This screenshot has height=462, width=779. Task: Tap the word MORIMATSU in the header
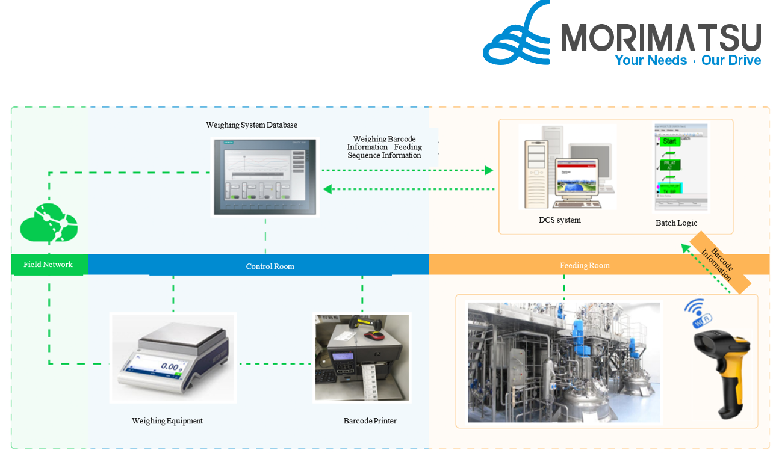tap(661, 38)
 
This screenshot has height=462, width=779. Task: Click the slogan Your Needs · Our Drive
tap(687, 60)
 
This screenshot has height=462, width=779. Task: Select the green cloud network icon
tap(49, 223)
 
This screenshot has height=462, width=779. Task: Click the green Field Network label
tap(48, 265)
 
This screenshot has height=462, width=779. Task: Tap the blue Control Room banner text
tap(270, 266)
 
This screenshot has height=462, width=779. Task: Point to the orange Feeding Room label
tap(585, 265)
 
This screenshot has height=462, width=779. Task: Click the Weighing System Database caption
tap(252, 125)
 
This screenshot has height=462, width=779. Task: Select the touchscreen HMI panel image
tap(265, 176)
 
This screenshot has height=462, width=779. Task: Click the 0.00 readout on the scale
tap(169, 366)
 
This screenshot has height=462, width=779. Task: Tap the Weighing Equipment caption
tap(167, 421)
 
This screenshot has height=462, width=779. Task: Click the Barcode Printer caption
tap(370, 421)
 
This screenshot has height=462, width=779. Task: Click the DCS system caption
tap(560, 220)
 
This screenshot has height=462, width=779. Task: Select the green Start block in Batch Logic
tap(669, 141)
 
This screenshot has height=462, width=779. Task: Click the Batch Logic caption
tap(676, 223)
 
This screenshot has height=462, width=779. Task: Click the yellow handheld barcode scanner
tap(722, 367)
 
